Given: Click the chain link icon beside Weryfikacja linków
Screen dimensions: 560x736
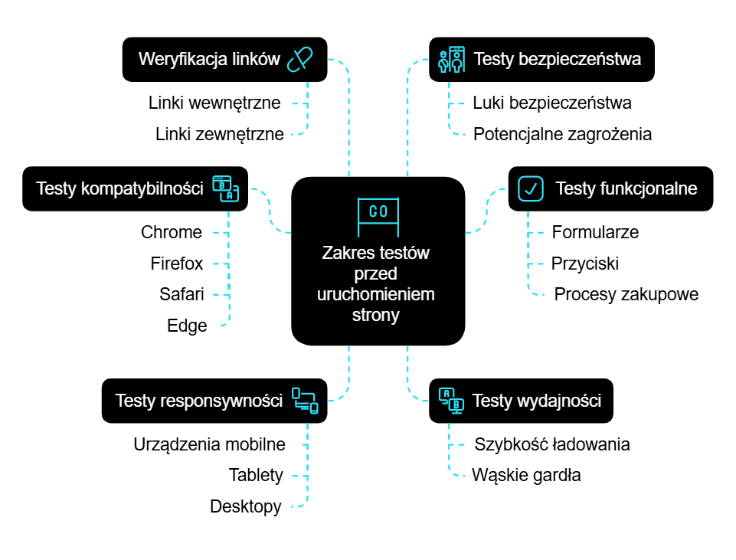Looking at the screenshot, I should coord(300,59).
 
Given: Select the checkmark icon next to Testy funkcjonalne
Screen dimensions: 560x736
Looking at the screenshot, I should coord(531,188).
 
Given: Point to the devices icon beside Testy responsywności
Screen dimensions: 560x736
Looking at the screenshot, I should coord(305,400).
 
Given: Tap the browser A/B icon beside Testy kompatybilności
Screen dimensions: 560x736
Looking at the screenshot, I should coord(226,188).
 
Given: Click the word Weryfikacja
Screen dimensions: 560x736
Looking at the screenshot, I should coord(182,59).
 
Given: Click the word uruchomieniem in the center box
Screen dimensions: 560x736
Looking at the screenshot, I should coord(378,294).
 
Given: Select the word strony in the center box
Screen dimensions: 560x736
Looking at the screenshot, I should coord(378,315).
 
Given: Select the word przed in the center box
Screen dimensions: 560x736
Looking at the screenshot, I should coord(378,273).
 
